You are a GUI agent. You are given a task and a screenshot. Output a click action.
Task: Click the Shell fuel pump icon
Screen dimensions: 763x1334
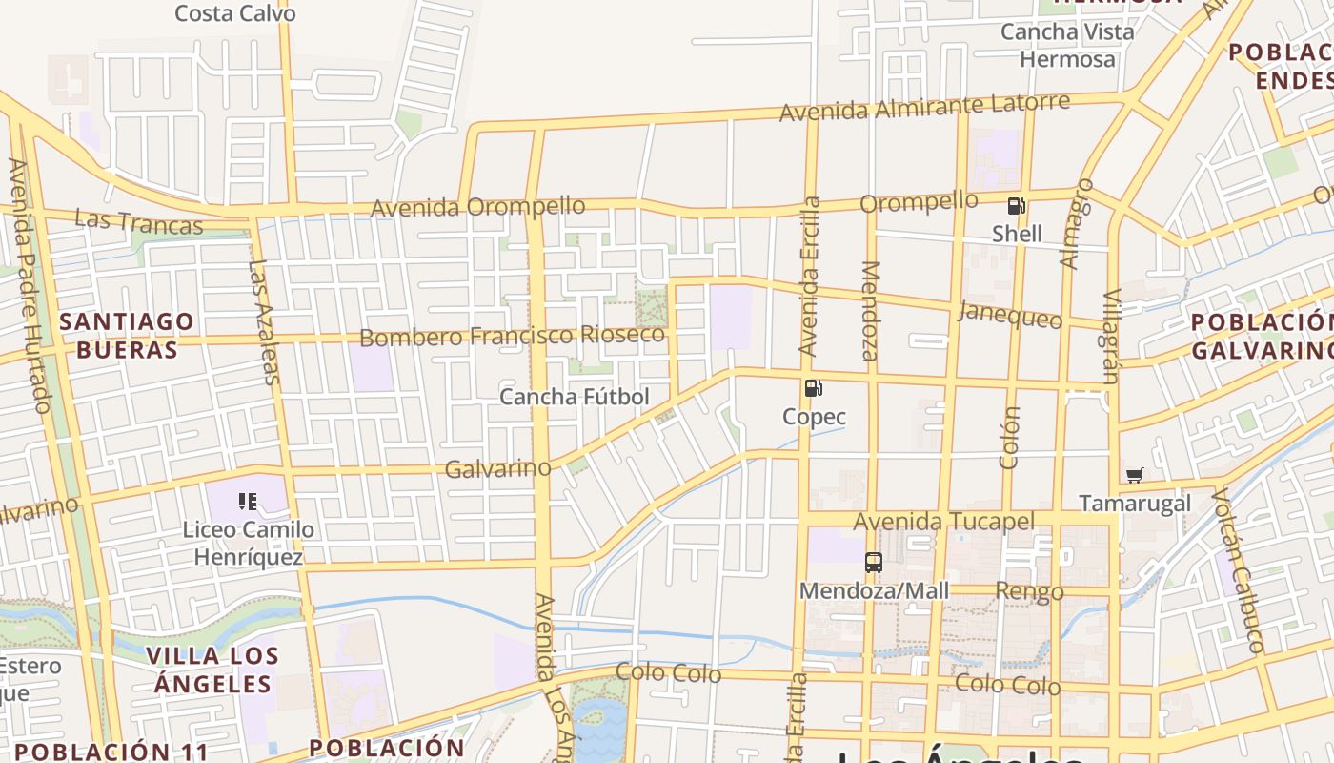coord(1017,206)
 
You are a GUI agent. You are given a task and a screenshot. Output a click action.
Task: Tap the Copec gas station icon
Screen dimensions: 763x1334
coord(814,388)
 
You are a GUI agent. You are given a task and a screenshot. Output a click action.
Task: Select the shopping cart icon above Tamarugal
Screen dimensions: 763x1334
coord(1134,475)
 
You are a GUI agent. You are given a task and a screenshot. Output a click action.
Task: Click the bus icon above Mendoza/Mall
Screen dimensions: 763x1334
coord(874,563)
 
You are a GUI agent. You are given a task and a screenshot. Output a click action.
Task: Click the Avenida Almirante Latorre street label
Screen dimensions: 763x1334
coord(924,107)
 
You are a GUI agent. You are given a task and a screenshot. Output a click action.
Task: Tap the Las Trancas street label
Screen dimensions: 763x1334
coord(139,221)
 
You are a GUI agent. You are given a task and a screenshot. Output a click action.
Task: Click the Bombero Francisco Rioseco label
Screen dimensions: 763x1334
coord(512,336)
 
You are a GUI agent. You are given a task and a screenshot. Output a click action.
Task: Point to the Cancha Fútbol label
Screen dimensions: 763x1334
coord(575,397)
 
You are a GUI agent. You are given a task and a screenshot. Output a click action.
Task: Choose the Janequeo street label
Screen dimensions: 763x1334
coord(1010,313)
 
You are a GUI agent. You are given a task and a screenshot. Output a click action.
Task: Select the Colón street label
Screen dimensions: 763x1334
coord(1010,438)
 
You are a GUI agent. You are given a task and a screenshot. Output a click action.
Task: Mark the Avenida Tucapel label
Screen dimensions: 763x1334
coord(943,522)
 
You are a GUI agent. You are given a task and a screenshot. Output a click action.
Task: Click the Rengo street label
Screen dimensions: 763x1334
coord(1029,591)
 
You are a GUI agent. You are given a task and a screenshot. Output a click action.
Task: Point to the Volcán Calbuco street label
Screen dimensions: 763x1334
coord(1237,569)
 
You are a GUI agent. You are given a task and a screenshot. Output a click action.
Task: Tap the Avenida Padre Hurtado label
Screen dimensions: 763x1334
coord(27,286)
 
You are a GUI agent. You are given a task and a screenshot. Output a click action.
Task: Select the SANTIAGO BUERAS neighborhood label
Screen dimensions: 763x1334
coord(127,335)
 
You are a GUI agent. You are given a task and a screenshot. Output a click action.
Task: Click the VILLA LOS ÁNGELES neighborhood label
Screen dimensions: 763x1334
coord(213,670)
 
